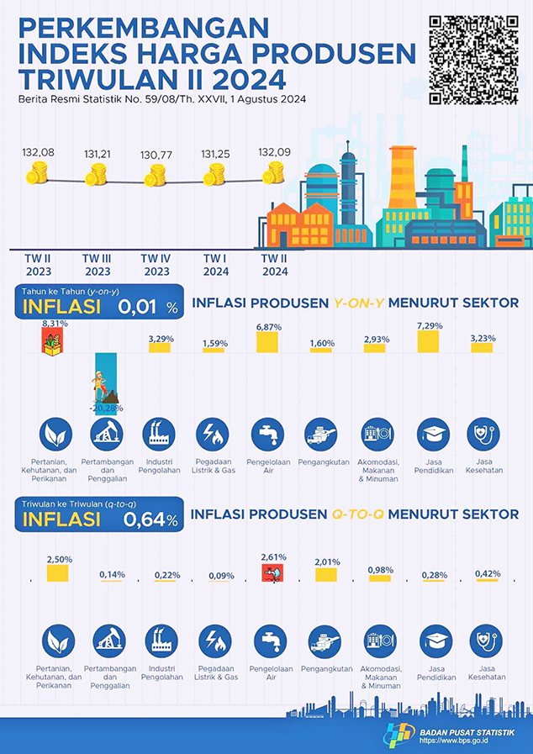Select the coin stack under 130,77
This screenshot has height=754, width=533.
[156, 176]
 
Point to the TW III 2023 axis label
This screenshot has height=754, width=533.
[98, 265]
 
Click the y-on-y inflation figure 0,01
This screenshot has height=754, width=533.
[136, 307]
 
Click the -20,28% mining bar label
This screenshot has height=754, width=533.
[107, 409]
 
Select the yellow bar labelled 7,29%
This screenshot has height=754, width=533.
[428, 340]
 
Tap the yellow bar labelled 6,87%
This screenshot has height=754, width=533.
[267, 341]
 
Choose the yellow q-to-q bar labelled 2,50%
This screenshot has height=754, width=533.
[57, 573]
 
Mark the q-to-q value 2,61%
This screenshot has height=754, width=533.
[274, 556]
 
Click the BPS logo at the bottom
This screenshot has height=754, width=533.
[400, 733]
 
